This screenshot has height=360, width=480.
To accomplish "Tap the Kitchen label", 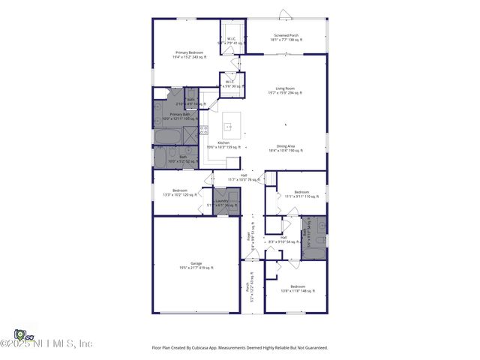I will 223,144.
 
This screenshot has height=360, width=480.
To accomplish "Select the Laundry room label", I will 222,202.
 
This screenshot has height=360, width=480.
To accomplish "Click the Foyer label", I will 248,238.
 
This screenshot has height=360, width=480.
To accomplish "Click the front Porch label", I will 247,286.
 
